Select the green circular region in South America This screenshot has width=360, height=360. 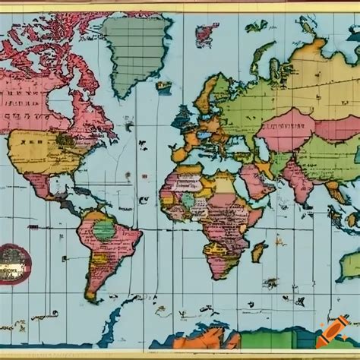(103, 229)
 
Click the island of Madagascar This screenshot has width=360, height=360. (260, 251)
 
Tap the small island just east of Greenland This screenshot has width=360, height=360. (163, 87)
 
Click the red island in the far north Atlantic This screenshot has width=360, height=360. (206, 33)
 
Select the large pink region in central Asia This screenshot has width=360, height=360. (285, 129)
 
